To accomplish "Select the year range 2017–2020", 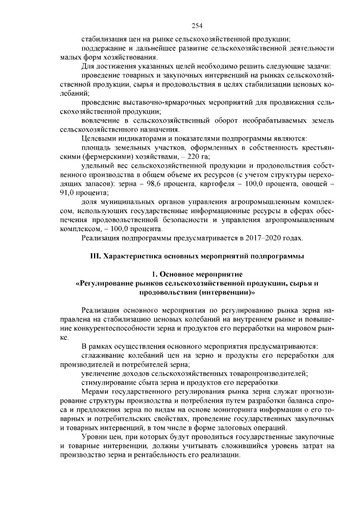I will tap(260, 237).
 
